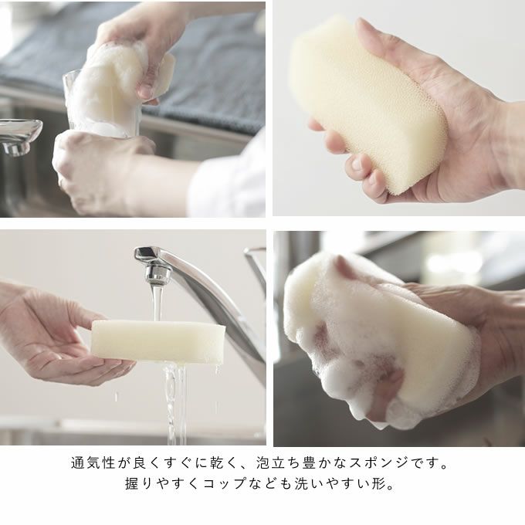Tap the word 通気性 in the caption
[x=93, y=462]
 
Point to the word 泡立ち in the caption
[x=278, y=462]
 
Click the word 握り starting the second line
[x=138, y=483]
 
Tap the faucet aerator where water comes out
[x=157, y=275]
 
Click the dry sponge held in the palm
[x=367, y=100]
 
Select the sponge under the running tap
[x=158, y=341]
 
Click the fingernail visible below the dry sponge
[x=357, y=164]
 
